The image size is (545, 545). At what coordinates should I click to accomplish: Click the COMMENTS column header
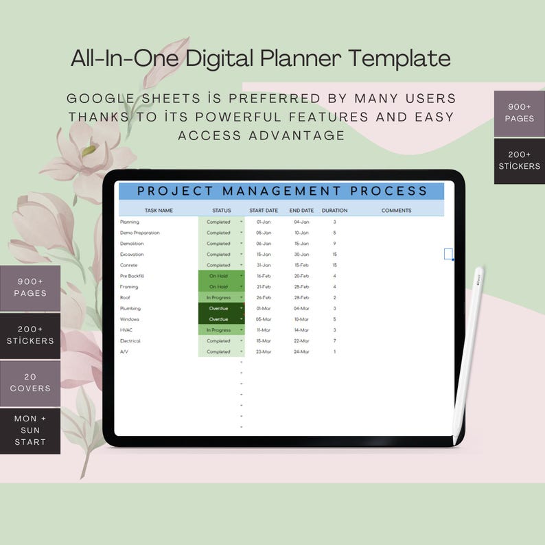pos(396,211)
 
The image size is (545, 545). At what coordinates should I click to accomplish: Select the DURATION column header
pos(334,211)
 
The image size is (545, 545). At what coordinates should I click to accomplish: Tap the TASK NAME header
pos(159,211)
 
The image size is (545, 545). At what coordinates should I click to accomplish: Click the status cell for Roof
pos(219,298)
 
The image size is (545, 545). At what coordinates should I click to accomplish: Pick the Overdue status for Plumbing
pos(218,309)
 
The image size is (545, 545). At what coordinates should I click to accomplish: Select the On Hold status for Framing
pos(218,287)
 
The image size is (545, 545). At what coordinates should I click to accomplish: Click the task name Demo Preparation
pos(140,233)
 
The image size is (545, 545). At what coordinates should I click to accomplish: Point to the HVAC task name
pos(127,330)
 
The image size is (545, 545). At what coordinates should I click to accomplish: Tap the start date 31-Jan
pos(264,265)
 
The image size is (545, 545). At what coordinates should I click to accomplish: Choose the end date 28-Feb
pos(301,298)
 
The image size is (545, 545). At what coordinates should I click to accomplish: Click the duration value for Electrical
pos(334,341)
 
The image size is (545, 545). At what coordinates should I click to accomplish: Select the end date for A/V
pos(301,352)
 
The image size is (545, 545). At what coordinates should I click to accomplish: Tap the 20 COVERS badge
pos(30,382)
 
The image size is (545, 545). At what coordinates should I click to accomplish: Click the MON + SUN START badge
pos(30,430)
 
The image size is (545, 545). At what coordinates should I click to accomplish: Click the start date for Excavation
pos(264,255)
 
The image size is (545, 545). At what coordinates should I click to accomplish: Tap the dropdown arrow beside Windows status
pos(241,319)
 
